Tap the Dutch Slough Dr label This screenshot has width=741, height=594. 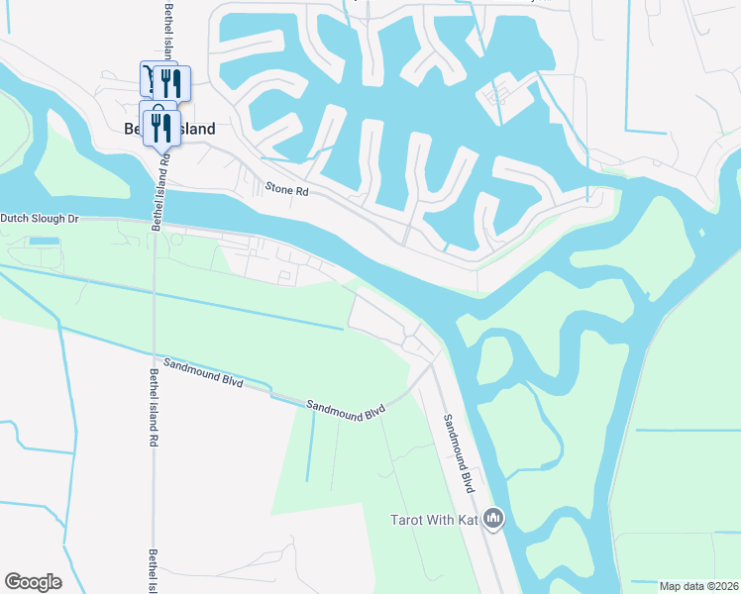[x=39, y=218]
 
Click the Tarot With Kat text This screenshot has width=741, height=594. [x=435, y=520]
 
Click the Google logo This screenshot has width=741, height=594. [x=33, y=582]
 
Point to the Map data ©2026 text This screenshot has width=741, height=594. [x=699, y=586]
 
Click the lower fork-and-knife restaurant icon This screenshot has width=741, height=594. [x=159, y=127]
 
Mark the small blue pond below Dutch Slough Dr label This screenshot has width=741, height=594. [x=44, y=242]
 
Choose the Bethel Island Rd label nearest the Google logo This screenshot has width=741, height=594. [x=153, y=572]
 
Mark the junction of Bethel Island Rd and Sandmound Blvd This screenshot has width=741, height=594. [x=154, y=357]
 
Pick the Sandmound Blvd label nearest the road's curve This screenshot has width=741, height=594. [x=345, y=408]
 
